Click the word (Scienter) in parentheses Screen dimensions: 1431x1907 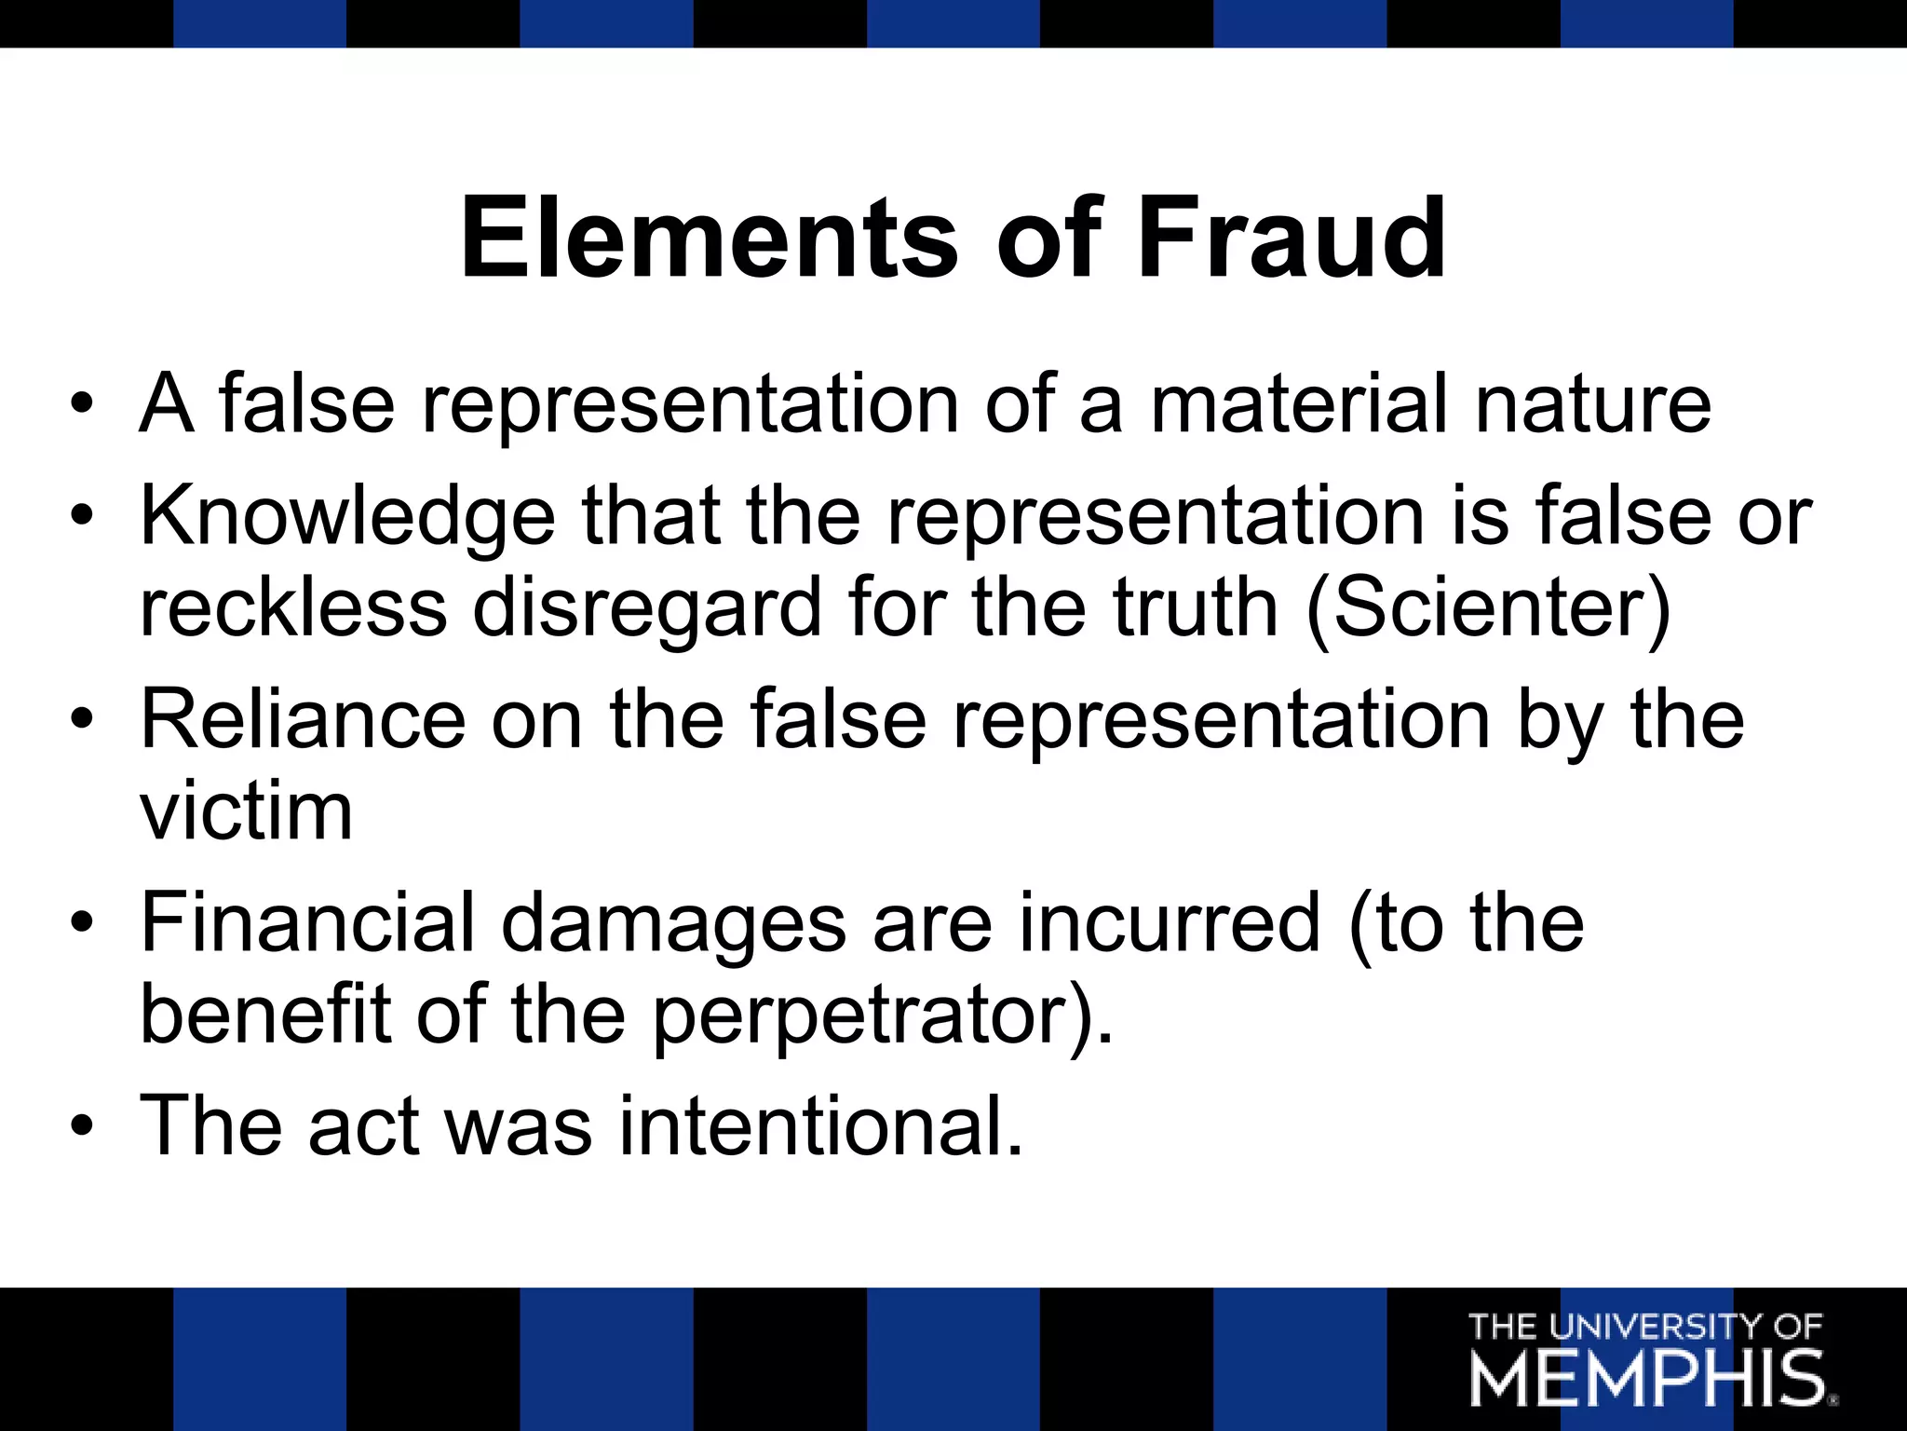1489,607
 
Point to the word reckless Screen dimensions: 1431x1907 293,607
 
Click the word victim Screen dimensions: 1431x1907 246,811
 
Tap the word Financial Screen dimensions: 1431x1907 308,922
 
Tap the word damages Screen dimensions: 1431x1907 673,922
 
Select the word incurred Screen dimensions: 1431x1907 1170,922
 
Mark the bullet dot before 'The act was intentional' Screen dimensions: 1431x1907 82,1126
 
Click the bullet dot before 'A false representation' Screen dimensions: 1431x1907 82,404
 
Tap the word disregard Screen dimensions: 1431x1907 647,607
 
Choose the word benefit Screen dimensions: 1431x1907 265,1015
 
